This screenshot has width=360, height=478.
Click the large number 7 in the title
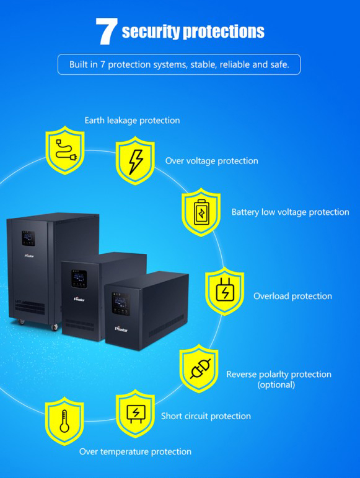click(106, 32)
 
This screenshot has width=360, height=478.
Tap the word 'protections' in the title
click(223, 32)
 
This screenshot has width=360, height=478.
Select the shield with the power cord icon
click(65, 150)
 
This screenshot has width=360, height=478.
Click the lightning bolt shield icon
click(135, 160)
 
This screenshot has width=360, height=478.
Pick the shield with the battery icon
click(201, 212)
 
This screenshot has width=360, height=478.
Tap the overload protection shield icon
click(224, 291)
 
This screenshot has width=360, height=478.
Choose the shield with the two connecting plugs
click(199, 368)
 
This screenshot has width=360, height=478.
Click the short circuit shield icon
click(136, 414)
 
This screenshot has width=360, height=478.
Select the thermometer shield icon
click(64, 421)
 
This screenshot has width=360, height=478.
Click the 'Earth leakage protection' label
click(132, 120)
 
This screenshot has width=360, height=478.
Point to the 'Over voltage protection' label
click(212, 161)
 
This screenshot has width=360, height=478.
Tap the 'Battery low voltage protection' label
click(290, 212)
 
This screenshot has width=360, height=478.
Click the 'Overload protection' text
click(292, 296)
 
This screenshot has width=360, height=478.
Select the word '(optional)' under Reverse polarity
click(276, 385)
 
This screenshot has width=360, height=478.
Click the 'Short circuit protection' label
click(206, 416)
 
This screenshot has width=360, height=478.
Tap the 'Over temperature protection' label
click(135, 451)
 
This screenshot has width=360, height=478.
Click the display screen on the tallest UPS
click(28, 238)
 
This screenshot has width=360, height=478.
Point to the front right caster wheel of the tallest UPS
click(55, 327)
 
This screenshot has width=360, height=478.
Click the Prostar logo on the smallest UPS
click(121, 329)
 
